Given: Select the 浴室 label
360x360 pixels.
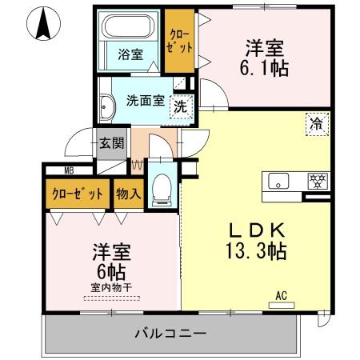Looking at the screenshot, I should point(131,55).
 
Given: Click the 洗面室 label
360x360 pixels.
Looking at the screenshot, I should point(145,101).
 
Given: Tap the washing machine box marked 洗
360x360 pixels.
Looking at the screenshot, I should point(182,106).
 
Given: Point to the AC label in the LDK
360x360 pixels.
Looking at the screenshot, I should point(281,295).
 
